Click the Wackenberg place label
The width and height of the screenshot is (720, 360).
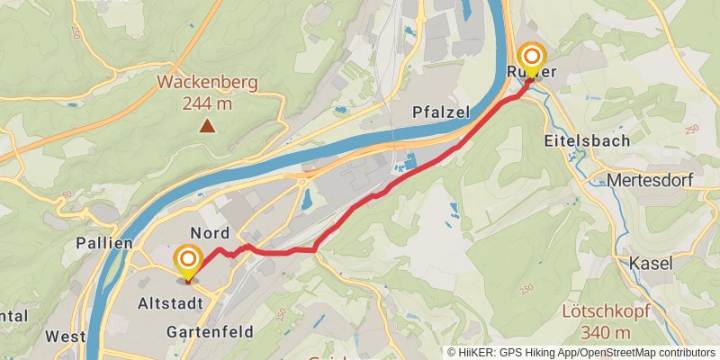(207, 83)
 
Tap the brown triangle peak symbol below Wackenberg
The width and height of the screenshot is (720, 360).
(208, 127)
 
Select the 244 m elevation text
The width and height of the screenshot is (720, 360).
(207, 103)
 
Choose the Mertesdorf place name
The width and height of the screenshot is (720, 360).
(650, 180)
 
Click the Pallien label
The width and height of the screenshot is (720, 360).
(105, 243)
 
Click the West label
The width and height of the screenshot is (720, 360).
(65, 337)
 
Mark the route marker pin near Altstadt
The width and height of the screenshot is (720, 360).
(188, 261)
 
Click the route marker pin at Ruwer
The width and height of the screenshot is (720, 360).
(531, 59)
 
